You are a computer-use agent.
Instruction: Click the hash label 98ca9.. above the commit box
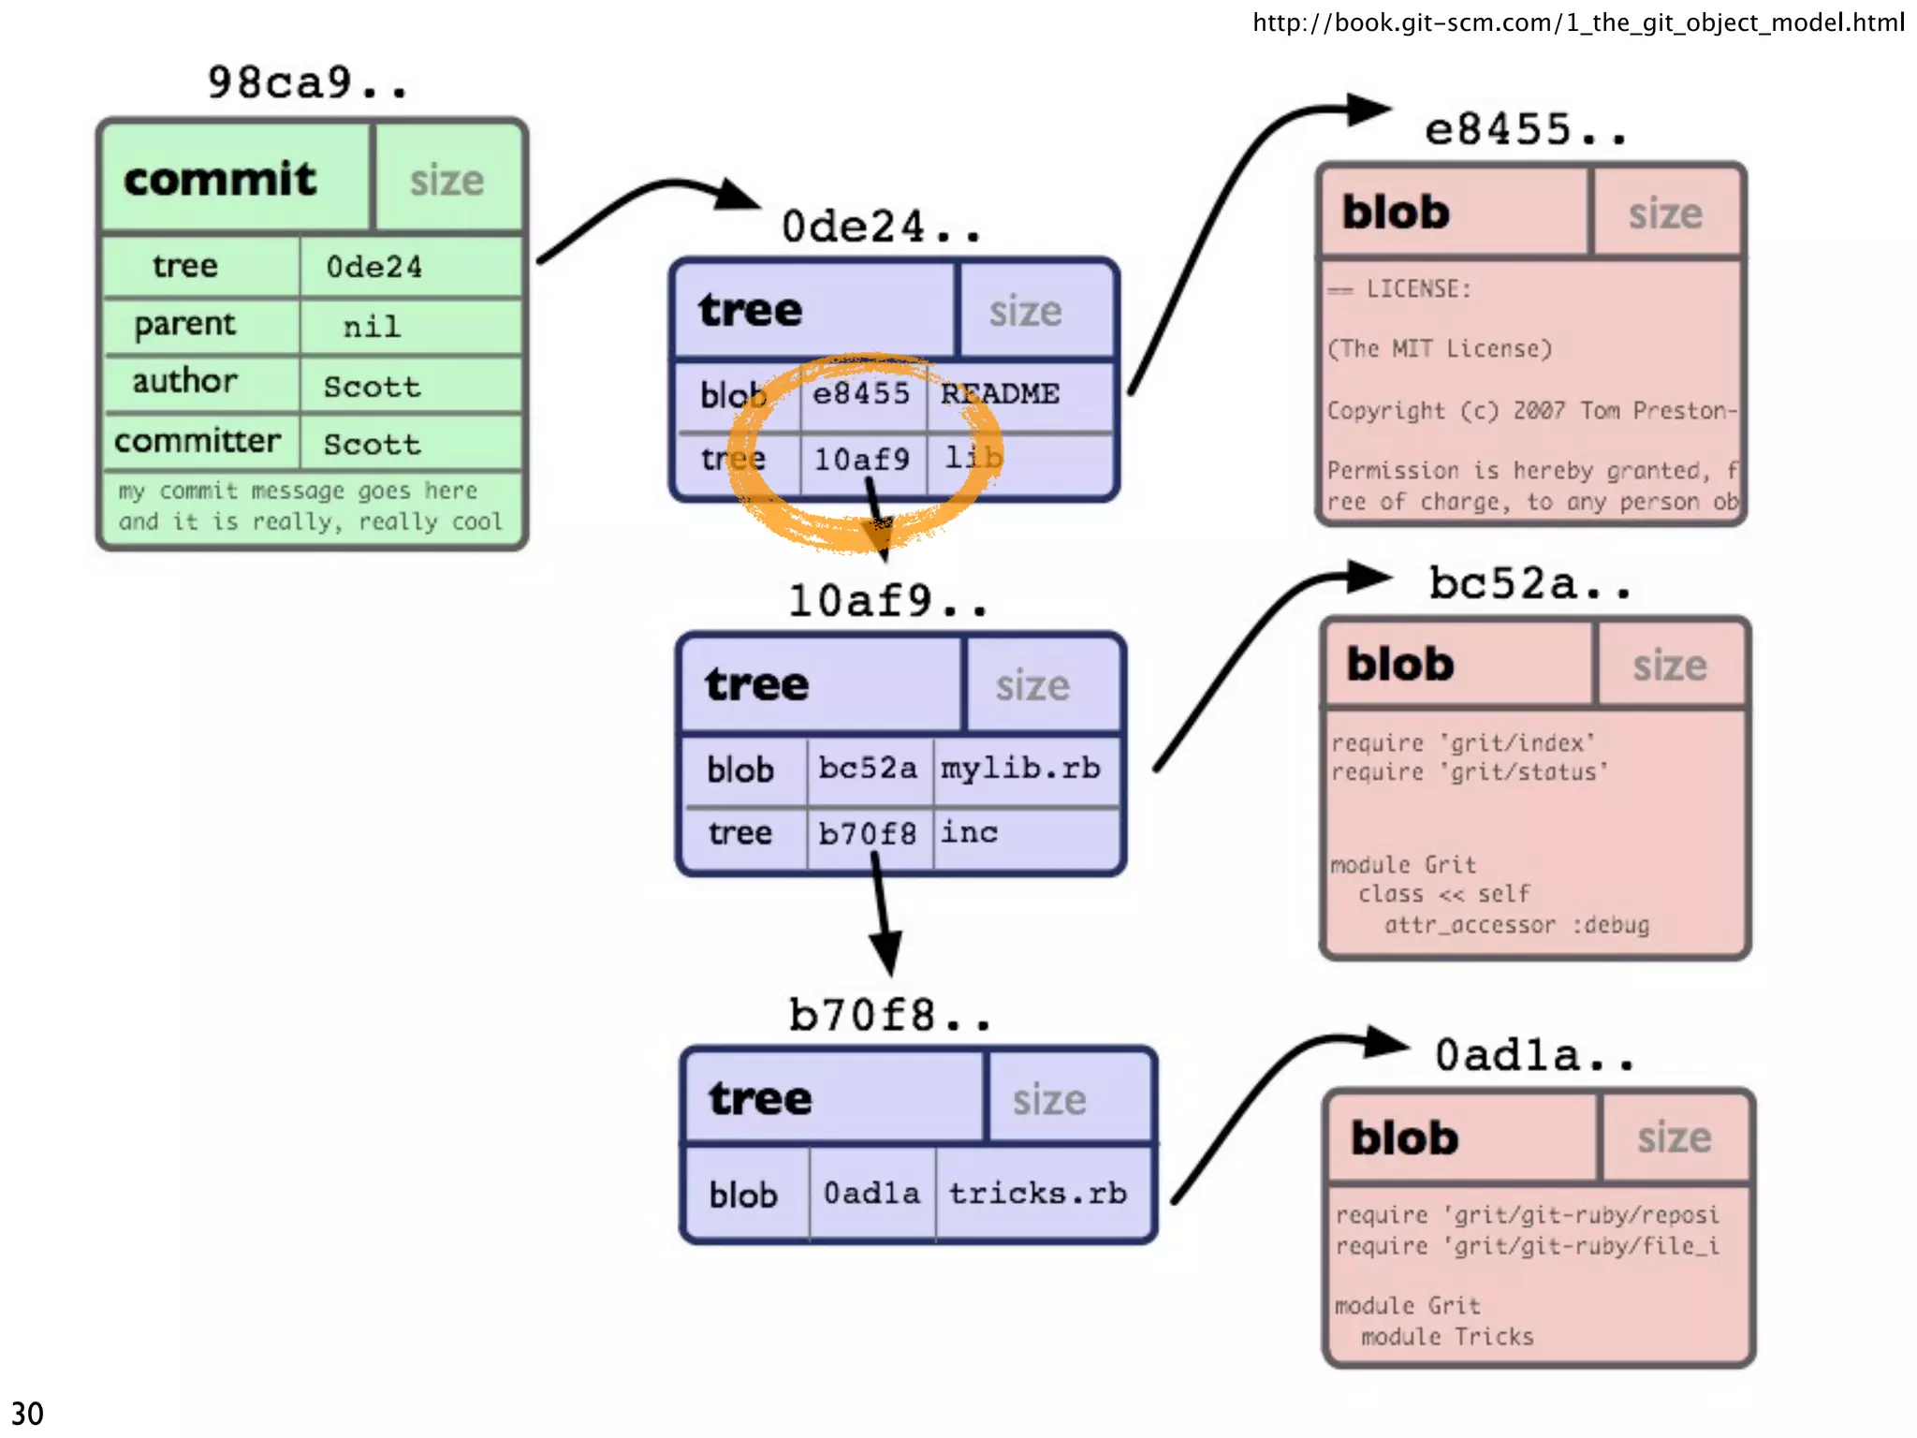[x=307, y=82]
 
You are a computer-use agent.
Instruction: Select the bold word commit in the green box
[x=220, y=179]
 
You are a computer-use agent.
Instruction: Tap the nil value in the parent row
[x=372, y=327]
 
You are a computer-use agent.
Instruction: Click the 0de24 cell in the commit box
[x=374, y=268]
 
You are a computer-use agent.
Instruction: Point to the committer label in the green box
[x=198, y=440]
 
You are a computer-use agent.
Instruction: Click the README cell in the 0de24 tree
[x=1000, y=394]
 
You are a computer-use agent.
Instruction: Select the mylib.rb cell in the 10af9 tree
[x=1020, y=769]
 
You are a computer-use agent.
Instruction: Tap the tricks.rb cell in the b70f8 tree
[x=1037, y=1194]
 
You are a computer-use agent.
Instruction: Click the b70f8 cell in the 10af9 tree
[x=867, y=832]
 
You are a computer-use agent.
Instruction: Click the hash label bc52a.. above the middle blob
[x=1529, y=583]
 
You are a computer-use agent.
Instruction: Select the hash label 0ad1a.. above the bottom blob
[x=1534, y=1055]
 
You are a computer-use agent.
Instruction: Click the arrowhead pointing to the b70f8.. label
[x=885, y=953]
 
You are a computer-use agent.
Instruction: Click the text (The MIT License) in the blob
[x=1440, y=349]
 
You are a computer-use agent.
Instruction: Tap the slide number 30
[x=27, y=1413]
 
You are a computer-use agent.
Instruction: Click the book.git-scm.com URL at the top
[x=1578, y=22]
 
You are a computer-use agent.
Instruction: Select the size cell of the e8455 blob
[x=1665, y=213]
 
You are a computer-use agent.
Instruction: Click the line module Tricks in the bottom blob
[x=1447, y=1337]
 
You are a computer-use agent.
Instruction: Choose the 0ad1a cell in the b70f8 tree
[x=871, y=1194]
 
